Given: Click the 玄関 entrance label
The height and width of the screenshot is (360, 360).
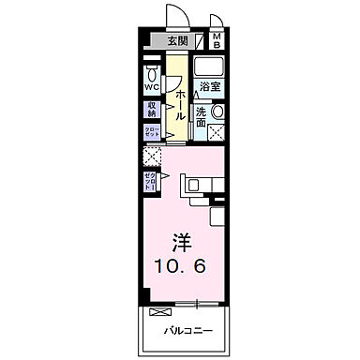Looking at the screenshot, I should pos(179,41).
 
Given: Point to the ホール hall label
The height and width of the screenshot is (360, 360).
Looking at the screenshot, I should pos(178,97).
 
